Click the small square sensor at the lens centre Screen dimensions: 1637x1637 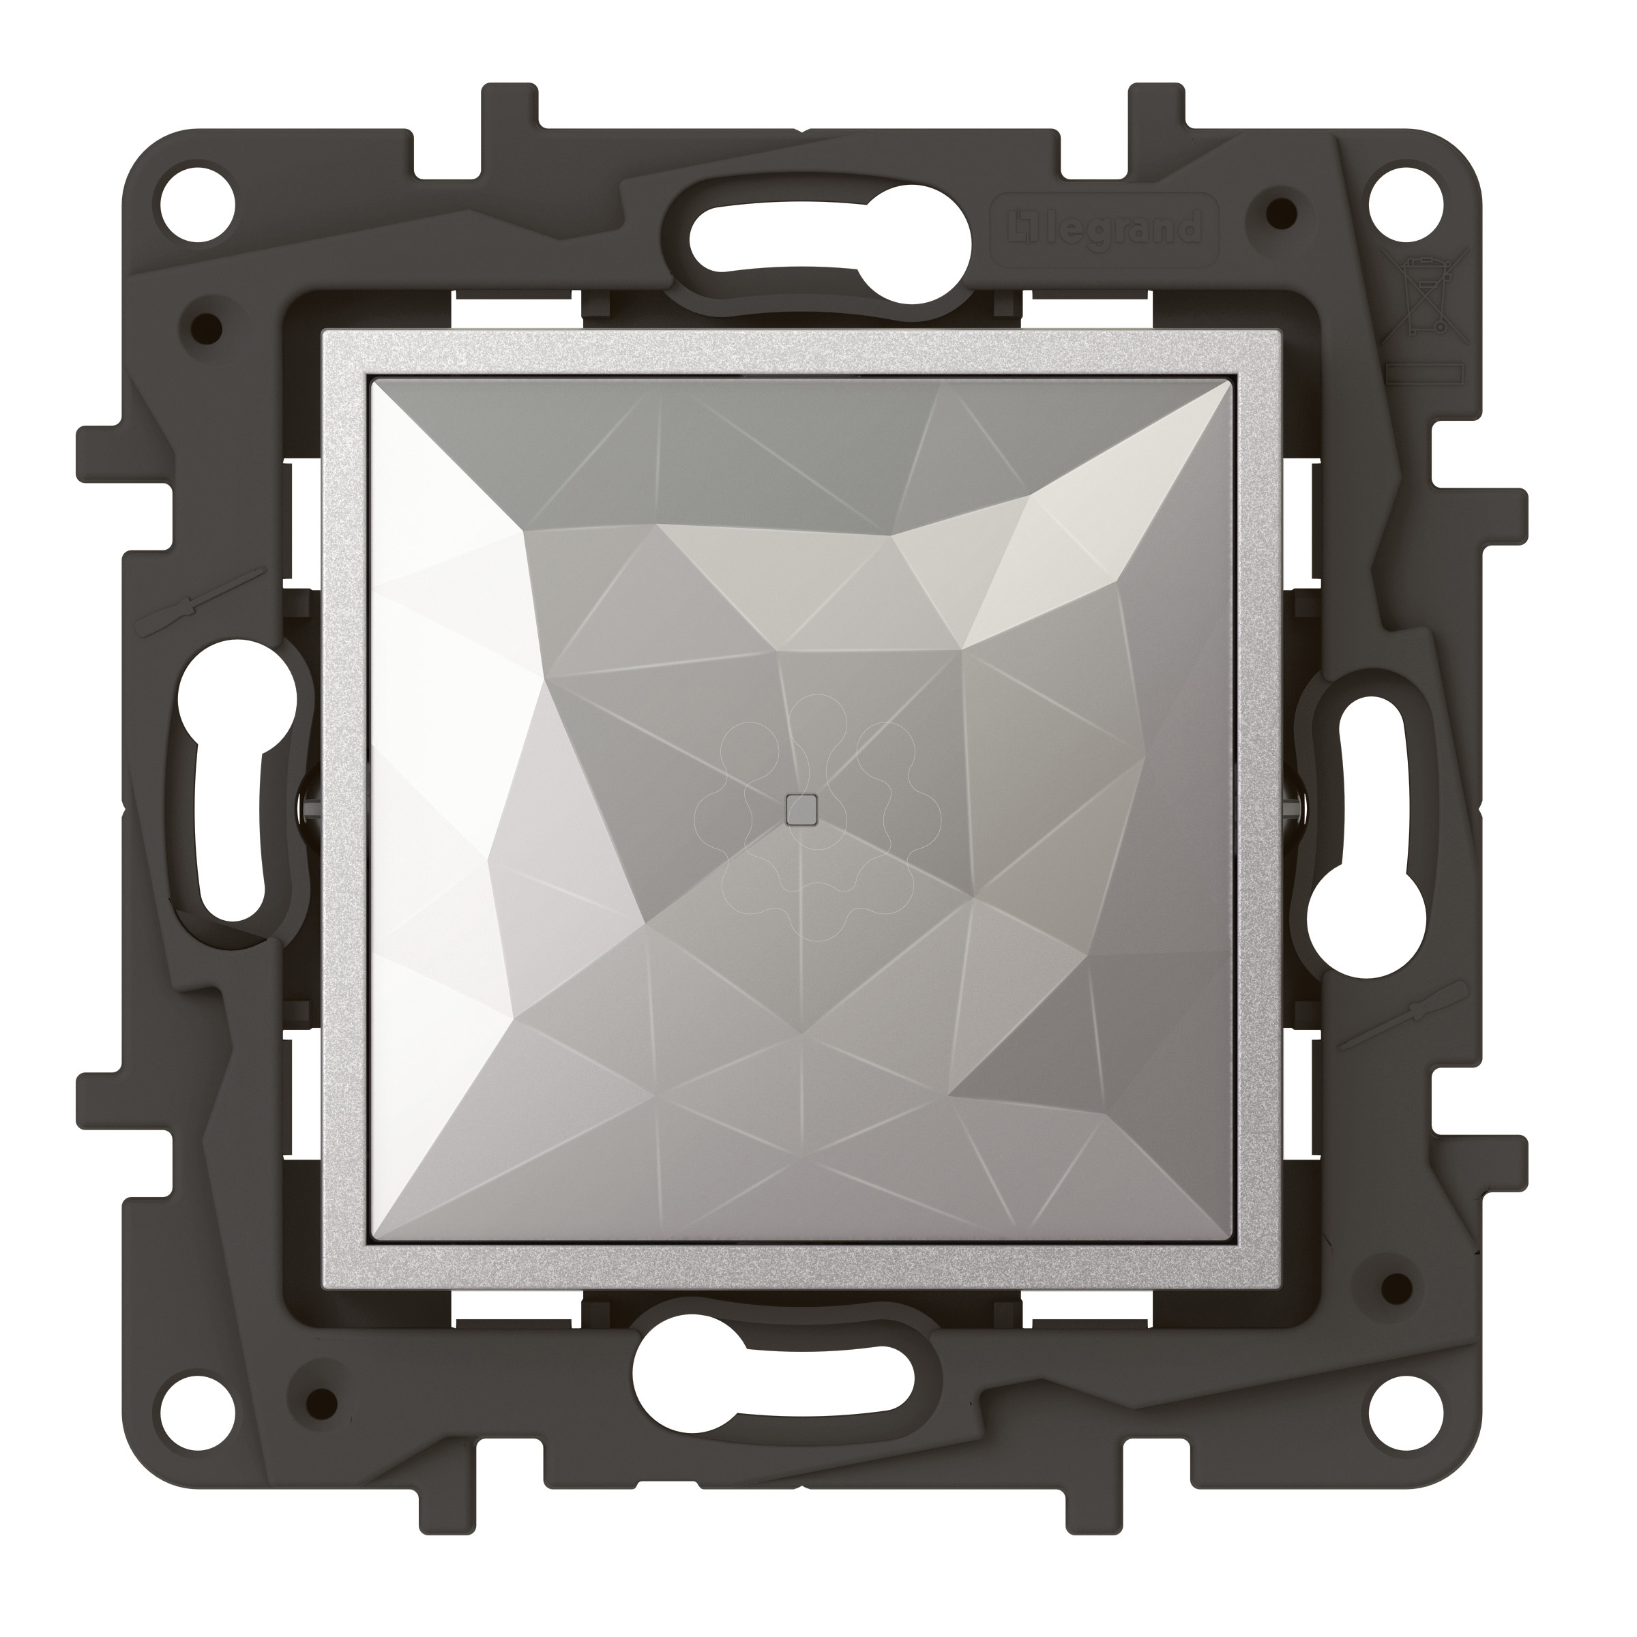coord(799,810)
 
